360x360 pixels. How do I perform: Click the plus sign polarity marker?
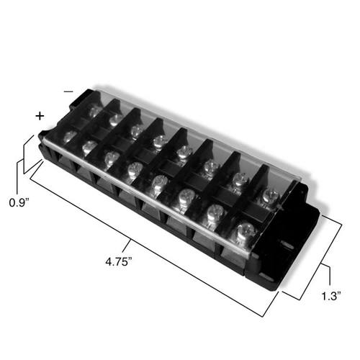click(40, 115)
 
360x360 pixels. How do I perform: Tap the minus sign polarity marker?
click(68, 92)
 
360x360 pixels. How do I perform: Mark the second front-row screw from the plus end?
click(89, 146)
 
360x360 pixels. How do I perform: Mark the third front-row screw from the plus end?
click(111, 158)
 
